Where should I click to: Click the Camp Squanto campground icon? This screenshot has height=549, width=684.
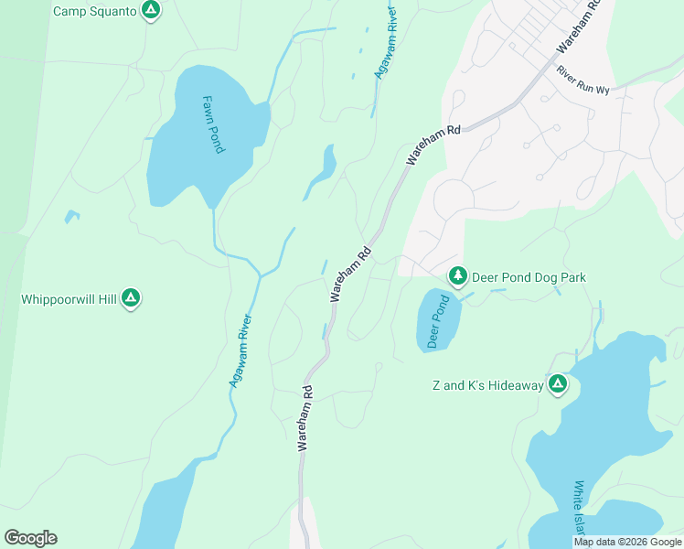point(152,11)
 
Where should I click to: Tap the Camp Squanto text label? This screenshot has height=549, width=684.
point(95,12)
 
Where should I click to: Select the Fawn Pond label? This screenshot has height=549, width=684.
point(213,124)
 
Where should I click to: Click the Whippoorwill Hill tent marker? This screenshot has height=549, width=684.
point(131,298)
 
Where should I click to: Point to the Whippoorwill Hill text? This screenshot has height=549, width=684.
point(69,299)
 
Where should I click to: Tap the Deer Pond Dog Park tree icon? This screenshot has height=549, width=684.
point(457,275)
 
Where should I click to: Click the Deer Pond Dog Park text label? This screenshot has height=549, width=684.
point(528,277)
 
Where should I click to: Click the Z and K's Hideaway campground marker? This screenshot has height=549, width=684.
point(557,384)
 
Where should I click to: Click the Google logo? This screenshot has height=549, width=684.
point(30,538)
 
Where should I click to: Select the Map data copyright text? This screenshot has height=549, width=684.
point(627,542)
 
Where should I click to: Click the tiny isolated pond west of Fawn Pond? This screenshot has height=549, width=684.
point(70,217)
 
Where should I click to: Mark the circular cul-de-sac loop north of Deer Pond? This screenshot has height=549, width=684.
point(454,197)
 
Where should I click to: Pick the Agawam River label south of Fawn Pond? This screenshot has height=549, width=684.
point(240,351)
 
